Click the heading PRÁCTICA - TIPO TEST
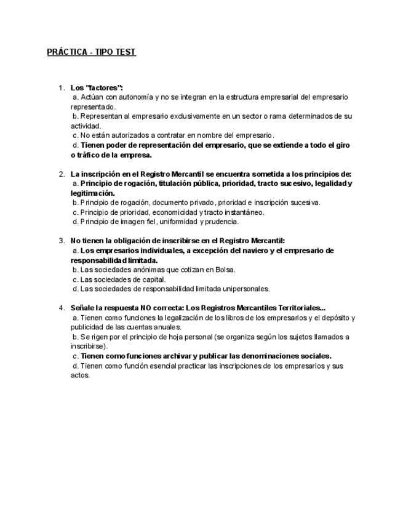[x=91, y=52]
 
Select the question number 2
[x=62, y=174]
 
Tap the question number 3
[x=62, y=241]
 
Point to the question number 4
[x=62, y=308]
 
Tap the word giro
[x=341, y=145]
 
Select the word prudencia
[x=222, y=222]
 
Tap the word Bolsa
[x=225, y=270]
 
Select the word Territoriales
[x=295, y=308]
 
